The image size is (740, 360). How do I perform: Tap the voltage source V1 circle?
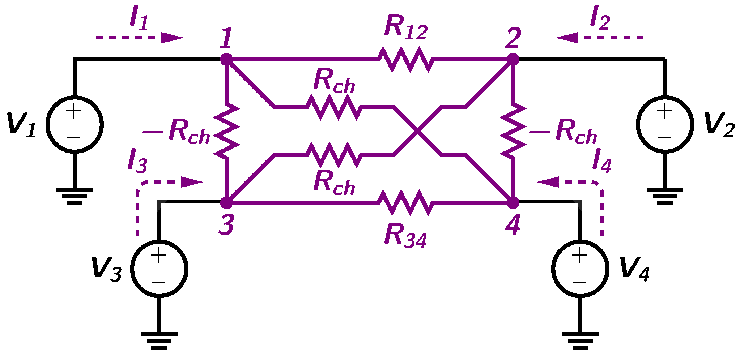[75, 124]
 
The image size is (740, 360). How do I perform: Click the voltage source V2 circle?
[665, 124]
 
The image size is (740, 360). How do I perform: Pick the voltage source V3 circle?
[159, 269]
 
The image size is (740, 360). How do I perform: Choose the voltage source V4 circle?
[580, 269]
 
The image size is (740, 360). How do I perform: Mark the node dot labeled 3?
[226, 203]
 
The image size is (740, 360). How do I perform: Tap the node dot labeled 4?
[513, 203]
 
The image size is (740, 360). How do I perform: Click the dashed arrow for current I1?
[139, 38]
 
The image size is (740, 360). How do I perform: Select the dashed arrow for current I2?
[600, 38]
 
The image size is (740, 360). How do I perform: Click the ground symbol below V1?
[75, 196]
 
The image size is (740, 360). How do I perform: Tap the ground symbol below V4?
[580, 340]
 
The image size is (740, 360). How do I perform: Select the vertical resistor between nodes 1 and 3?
[226, 131]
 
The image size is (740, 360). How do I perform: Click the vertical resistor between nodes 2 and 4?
[513, 131]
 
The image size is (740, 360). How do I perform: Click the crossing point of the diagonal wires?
[417, 131]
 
